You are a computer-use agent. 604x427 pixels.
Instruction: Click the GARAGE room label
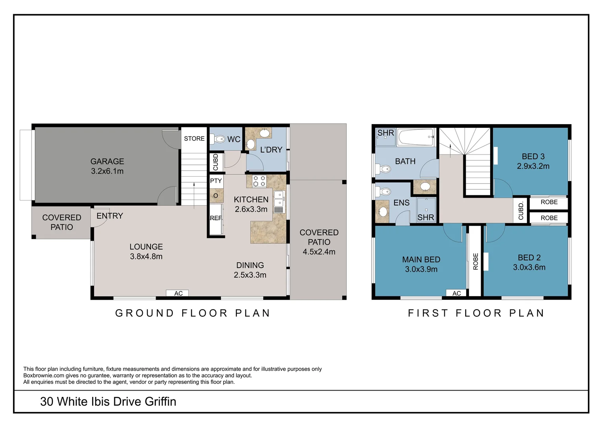click(107, 161)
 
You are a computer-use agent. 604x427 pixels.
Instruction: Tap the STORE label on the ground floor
click(194, 139)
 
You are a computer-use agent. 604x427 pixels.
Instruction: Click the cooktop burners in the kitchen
click(259, 181)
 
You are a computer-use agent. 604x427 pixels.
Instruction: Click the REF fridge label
click(216, 218)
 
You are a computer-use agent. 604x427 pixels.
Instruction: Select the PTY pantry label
click(216, 181)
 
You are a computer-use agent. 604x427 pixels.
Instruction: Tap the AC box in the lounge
click(178, 293)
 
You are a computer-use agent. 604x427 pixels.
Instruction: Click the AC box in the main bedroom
click(457, 293)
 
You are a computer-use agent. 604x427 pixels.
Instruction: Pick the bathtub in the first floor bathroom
click(416, 138)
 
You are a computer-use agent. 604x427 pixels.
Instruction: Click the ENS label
click(401, 203)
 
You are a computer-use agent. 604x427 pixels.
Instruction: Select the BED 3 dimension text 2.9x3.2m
click(533, 166)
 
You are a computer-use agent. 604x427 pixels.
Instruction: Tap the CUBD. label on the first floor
click(521, 210)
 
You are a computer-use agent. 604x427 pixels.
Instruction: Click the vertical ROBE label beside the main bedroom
click(476, 261)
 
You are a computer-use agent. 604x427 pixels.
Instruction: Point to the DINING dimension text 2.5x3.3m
click(250, 275)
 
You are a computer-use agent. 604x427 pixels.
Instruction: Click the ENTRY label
click(110, 216)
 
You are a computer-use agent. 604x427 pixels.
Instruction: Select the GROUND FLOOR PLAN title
click(193, 313)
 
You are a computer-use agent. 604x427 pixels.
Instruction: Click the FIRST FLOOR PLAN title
click(476, 313)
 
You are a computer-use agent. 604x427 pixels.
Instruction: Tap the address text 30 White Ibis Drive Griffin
click(108, 402)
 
